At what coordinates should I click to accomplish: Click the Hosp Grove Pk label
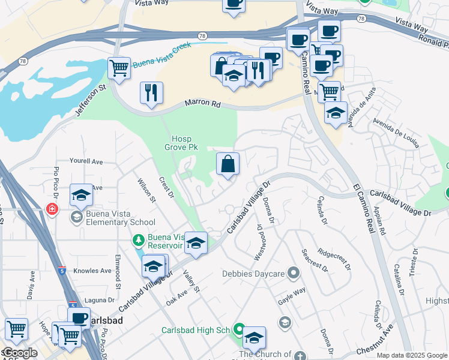coord(181,142)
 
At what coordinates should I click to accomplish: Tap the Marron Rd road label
coord(203,103)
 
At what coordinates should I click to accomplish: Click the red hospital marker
coord(52,209)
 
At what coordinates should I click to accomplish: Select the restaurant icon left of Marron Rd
coord(151,93)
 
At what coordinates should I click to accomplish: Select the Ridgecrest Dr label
coord(333,260)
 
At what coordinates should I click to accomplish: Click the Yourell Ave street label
coord(86,161)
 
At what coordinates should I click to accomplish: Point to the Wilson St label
coord(146,190)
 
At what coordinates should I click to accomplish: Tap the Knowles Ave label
coord(92,271)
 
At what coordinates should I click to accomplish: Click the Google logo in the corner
coord(20,353)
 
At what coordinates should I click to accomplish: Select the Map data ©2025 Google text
coord(412,355)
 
